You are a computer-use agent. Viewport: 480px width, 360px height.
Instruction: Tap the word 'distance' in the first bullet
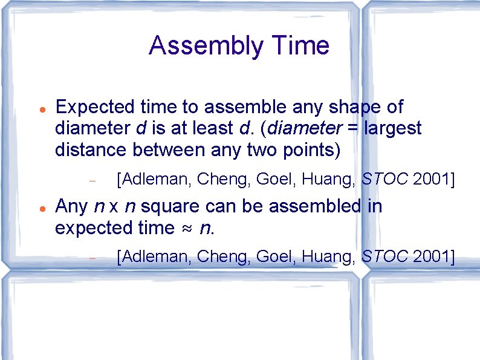[x=89, y=149]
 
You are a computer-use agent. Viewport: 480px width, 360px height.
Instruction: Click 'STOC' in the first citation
[x=384, y=178]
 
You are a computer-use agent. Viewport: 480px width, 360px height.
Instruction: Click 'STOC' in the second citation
[x=384, y=257]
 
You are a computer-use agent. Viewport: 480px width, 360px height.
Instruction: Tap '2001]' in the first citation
[x=433, y=178]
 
